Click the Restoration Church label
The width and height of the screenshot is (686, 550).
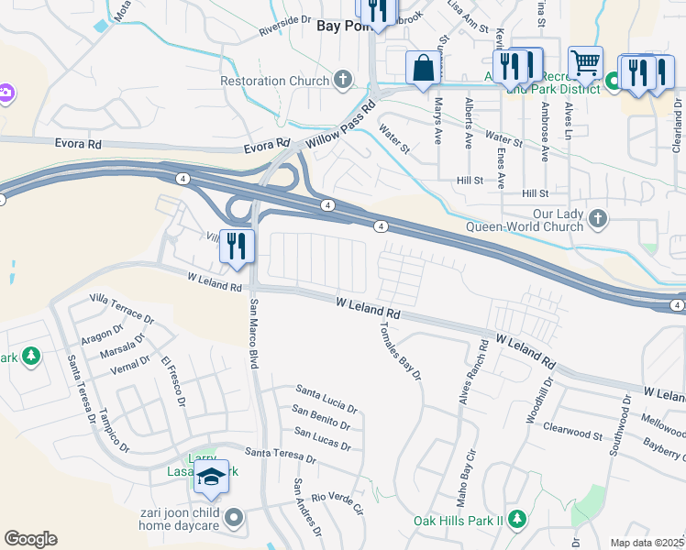coord(275,81)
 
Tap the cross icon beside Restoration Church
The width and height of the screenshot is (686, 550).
coord(344,81)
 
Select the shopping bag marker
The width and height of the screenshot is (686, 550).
coord(422,68)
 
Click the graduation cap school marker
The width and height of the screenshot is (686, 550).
coord(211,477)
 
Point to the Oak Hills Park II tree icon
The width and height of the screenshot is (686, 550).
coord(517,520)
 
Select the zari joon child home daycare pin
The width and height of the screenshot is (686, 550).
coord(236,519)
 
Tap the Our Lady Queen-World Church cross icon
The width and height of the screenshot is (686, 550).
coord(598,218)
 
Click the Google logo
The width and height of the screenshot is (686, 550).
coord(30,539)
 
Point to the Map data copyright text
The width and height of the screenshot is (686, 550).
coord(647,543)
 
